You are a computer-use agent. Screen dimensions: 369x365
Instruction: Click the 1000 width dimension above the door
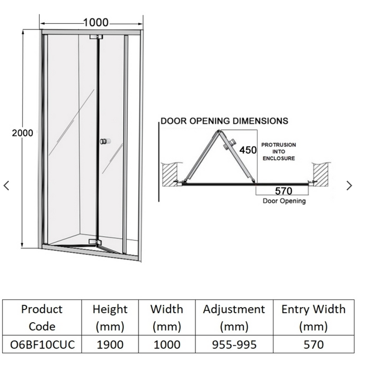coord(95,23)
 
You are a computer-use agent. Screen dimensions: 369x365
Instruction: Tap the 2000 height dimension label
coord(22,133)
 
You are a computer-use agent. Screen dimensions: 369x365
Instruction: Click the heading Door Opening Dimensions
coord(224,121)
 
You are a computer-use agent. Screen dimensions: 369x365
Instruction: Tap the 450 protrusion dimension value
coord(248,150)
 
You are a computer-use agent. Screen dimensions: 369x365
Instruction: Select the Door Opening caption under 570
coord(284,201)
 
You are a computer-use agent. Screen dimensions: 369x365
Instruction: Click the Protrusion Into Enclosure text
coord(279,151)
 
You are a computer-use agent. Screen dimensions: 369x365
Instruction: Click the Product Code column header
coord(42,317)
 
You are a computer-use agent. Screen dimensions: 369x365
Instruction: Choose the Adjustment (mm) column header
coord(233,317)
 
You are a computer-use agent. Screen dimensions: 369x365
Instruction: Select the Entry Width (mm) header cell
coord(313,317)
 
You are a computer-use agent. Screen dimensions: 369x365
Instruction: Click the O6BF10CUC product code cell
coord(42,345)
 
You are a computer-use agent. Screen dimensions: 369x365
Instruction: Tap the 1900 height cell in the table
coord(110,345)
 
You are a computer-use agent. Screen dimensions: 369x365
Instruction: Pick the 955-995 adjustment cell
coord(233,345)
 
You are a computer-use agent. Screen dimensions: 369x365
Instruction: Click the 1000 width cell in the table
coord(166,345)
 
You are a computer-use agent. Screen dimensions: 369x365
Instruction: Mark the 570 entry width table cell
coord(313,345)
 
